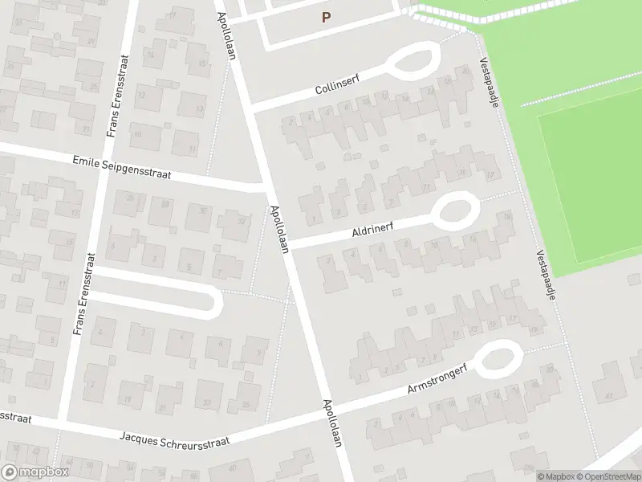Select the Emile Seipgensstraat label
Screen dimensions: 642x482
[122, 168]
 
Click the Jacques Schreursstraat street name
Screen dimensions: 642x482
[174, 439]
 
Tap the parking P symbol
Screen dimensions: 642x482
[326, 16]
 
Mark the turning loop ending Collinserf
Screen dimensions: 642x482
[412, 59]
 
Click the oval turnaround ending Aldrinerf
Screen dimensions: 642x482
[456, 211]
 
